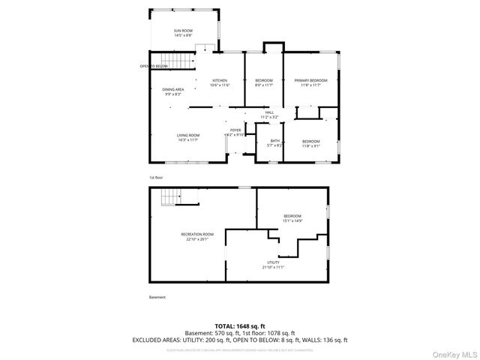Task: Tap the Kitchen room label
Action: point(220,82)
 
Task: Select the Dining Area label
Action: point(173,91)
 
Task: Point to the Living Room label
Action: point(188,137)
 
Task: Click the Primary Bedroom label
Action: point(310,82)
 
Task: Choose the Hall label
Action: point(269,115)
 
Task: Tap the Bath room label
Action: point(275,142)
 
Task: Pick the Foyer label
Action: point(235,133)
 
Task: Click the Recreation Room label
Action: point(197,236)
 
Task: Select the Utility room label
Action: point(273,265)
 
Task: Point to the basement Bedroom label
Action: point(292,218)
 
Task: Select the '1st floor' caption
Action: point(156,178)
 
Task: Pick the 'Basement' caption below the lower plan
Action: point(157,298)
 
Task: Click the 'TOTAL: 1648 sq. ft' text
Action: point(240,326)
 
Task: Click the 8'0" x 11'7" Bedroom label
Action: point(264,82)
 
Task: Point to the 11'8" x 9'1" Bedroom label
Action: point(311,144)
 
